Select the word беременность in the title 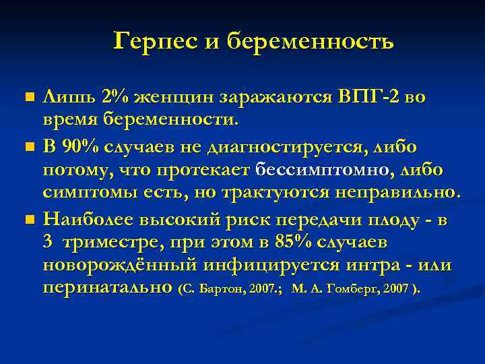pos(311,42)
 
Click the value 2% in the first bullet pos(115,97)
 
